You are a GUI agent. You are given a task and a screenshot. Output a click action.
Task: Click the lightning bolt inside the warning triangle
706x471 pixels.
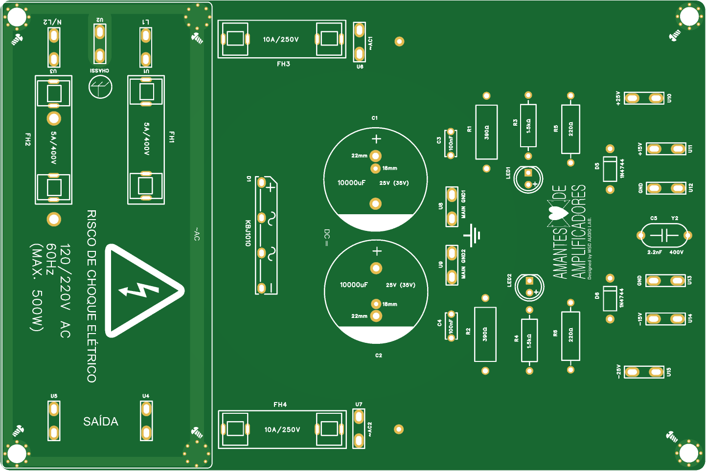point(139,291)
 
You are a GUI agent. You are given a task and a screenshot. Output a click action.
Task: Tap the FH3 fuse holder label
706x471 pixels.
point(283,64)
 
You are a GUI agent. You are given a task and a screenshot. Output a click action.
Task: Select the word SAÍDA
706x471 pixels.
point(101,422)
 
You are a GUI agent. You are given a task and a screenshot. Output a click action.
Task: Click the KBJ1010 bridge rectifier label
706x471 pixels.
point(248,233)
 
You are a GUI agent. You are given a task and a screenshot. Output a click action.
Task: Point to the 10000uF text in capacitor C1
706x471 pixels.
point(351,183)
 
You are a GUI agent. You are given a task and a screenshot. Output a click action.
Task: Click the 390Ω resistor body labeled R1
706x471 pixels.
point(486,132)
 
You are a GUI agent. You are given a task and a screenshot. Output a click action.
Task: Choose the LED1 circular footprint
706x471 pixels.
point(528,179)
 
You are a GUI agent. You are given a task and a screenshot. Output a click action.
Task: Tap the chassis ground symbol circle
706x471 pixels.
point(100,87)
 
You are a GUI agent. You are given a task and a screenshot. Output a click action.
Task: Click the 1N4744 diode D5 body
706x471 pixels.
point(610,169)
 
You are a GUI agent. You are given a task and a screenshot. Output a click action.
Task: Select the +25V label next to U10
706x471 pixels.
point(618,98)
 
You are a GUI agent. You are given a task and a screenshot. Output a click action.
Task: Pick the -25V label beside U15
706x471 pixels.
point(618,371)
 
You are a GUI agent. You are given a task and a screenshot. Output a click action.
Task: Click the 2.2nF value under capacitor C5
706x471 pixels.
point(655,252)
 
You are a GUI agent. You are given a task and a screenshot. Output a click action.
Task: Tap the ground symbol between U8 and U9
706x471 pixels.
point(473,236)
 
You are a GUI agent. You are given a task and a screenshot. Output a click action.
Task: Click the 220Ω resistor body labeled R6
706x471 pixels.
point(570,336)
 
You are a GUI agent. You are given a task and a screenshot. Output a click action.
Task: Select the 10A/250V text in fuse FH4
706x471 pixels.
point(282,430)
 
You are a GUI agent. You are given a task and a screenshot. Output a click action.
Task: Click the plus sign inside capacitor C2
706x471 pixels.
point(377,251)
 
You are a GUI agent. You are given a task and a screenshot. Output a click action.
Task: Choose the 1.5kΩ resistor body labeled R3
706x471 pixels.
point(528,126)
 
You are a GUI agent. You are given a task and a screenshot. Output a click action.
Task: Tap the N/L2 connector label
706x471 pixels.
point(52,22)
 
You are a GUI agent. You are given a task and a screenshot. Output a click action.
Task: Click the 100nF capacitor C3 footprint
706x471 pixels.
point(451,144)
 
